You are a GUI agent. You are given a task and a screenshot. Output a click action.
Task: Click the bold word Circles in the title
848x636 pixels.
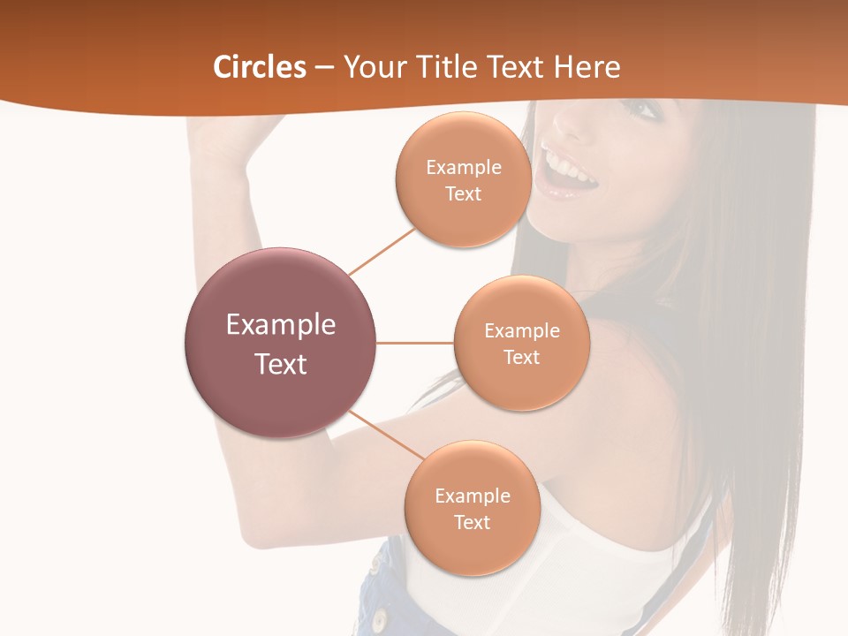pyautogui.click(x=260, y=67)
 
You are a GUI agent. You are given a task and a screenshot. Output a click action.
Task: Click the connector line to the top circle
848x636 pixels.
pyautogui.click(x=382, y=251)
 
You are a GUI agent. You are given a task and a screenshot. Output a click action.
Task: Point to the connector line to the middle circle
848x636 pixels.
pyautogui.click(x=415, y=343)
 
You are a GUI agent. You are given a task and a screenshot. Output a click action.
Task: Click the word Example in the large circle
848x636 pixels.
pyautogui.click(x=281, y=325)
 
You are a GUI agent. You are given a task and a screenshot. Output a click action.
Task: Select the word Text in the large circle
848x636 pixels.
pyautogui.click(x=281, y=364)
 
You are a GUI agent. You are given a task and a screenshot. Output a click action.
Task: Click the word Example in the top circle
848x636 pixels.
pyautogui.click(x=464, y=167)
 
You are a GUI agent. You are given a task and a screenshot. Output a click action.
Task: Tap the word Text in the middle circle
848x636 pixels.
pyautogui.click(x=522, y=357)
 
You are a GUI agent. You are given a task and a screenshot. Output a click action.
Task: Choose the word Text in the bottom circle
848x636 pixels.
pyautogui.click(x=473, y=522)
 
